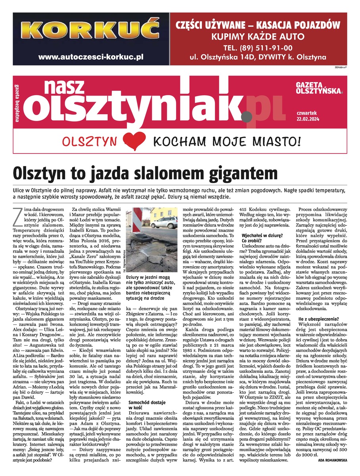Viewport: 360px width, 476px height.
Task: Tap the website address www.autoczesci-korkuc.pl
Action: (x=90, y=57)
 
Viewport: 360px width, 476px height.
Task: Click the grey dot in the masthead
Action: (x=246, y=117)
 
